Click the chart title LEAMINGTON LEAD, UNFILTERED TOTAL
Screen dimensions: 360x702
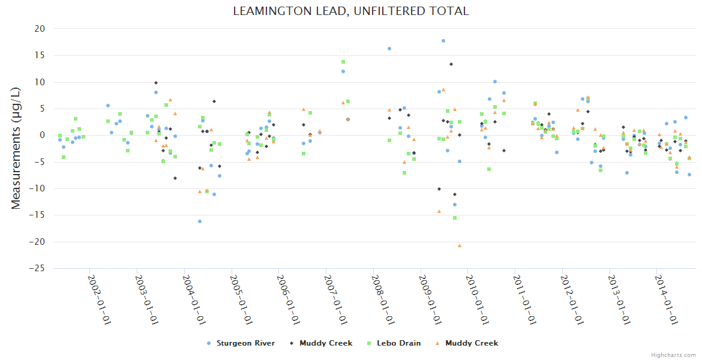pyautogui.click(x=351, y=11)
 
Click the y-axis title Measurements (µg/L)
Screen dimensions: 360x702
pyautogui.click(x=16, y=148)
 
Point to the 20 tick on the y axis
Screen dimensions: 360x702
pyautogui.click(x=40, y=29)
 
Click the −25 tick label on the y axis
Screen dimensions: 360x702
pyautogui.click(x=37, y=269)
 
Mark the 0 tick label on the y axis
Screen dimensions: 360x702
pyautogui.click(x=42, y=136)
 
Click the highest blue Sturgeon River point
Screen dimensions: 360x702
pyautogui.click(x=443, y=41)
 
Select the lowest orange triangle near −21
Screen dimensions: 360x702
pyautogui.click(x=460, y=245)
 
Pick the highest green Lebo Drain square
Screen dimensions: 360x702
pyautogui.click(x=343, y=62)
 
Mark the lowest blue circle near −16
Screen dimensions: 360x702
pyautogui.click(x=200, y=221)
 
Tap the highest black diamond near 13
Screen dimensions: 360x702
pyautogui.click(x=451, y=64)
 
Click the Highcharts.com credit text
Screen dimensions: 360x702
pyautogui.click(x=674, y=355)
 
